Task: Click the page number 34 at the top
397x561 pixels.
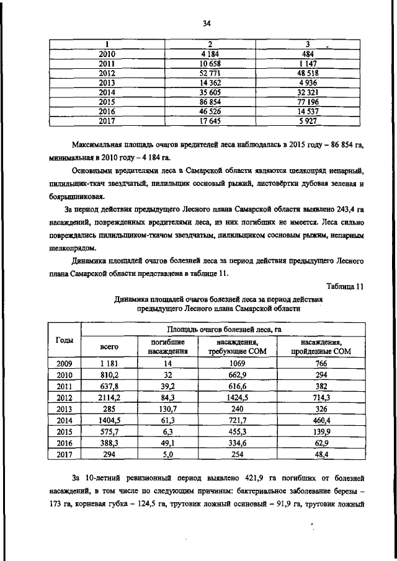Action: (x=207, y=24)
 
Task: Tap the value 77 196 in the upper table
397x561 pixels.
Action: (x=308, y=101)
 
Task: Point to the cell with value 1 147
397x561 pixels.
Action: (x=308, y=63)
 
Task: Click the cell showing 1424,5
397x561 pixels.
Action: (x=238, y=397)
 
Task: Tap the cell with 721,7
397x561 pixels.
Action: (x=238, y=420)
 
